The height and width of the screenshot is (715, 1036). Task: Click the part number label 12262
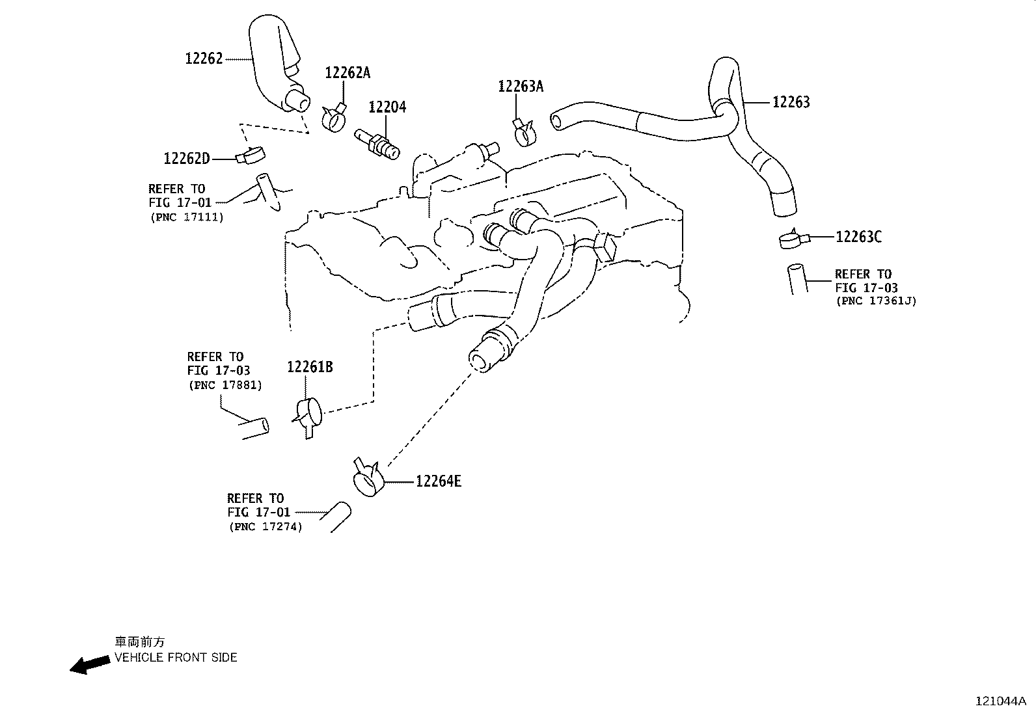[x=204, y=59]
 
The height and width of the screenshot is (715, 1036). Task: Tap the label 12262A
[x=348, y=73]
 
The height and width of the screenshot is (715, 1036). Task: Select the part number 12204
[x=387, y=107]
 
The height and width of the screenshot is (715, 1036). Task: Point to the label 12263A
[x=521, y=87]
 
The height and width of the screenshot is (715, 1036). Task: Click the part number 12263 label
[x=791, y=102]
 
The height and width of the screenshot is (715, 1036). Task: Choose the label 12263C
[x=858, y=237]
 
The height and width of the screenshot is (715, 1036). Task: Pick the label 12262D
[x=187, y=158]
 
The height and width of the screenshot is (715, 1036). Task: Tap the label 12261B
[x=310, y=368]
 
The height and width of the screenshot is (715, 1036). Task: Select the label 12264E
[x=439, y=481]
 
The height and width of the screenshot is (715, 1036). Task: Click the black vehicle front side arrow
[x=89, y=664]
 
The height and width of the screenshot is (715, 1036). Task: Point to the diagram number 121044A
[x=1000, y=701]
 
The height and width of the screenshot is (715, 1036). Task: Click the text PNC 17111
[x=186, y=217]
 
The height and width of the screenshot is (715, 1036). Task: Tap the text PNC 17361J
[x=876, y=301]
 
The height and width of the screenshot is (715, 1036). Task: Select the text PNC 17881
[x=225, y=385]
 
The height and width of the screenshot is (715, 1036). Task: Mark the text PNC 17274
[x=266, y=527]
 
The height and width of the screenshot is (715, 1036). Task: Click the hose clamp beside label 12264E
[x=368, y=481]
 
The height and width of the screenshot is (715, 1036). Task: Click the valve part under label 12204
[x=377, y=143]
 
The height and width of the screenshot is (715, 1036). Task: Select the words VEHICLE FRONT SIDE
[x=176, y=658]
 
